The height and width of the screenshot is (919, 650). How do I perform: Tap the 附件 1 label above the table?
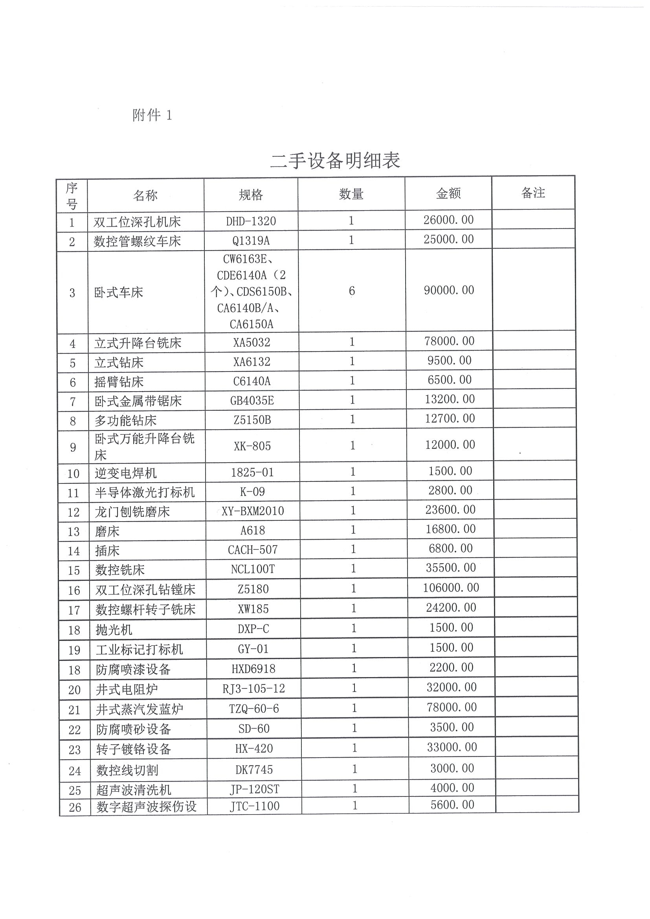point(152,115)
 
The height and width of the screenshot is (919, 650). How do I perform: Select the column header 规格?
point(251,195)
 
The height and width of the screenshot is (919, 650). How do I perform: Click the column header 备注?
point(533,193)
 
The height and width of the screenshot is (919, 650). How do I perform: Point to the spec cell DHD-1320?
point(251,222)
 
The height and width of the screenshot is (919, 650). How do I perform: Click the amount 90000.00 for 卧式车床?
point(449,290)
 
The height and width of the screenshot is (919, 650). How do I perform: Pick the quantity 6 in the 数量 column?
point(352,291)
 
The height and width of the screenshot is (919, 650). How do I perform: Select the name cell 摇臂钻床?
point(119,382)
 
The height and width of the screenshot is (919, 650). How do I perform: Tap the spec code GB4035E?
point(252,401)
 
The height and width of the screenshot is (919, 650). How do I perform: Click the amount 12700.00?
point(450,419)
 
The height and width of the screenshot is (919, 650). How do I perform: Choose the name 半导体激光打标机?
point(145,492)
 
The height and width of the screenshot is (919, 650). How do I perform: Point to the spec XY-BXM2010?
point(253,511)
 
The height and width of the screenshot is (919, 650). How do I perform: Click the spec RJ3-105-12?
point(253,688)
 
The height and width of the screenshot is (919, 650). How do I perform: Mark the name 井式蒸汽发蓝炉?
point(140,709)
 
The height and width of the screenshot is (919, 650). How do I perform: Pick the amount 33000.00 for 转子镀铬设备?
point(452,747)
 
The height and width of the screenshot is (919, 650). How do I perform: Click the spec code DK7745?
point(254,769)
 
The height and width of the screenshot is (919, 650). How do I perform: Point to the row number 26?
point(75,807)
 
